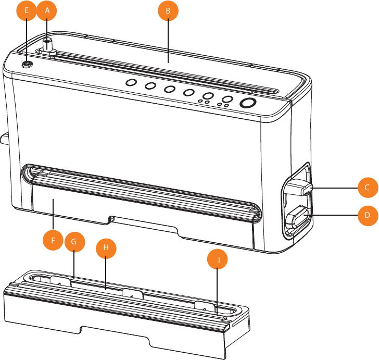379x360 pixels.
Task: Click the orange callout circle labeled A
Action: (47, 10)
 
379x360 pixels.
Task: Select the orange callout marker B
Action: (168, 10)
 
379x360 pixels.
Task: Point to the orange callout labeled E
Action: (27, 10)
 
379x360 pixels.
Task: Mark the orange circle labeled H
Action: (106, 249)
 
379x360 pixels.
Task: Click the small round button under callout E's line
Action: (27, 64)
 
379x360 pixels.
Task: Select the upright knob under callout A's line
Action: (48, 44)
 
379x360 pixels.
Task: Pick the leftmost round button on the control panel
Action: (131, 83)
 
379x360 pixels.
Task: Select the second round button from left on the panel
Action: (150, 86)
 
